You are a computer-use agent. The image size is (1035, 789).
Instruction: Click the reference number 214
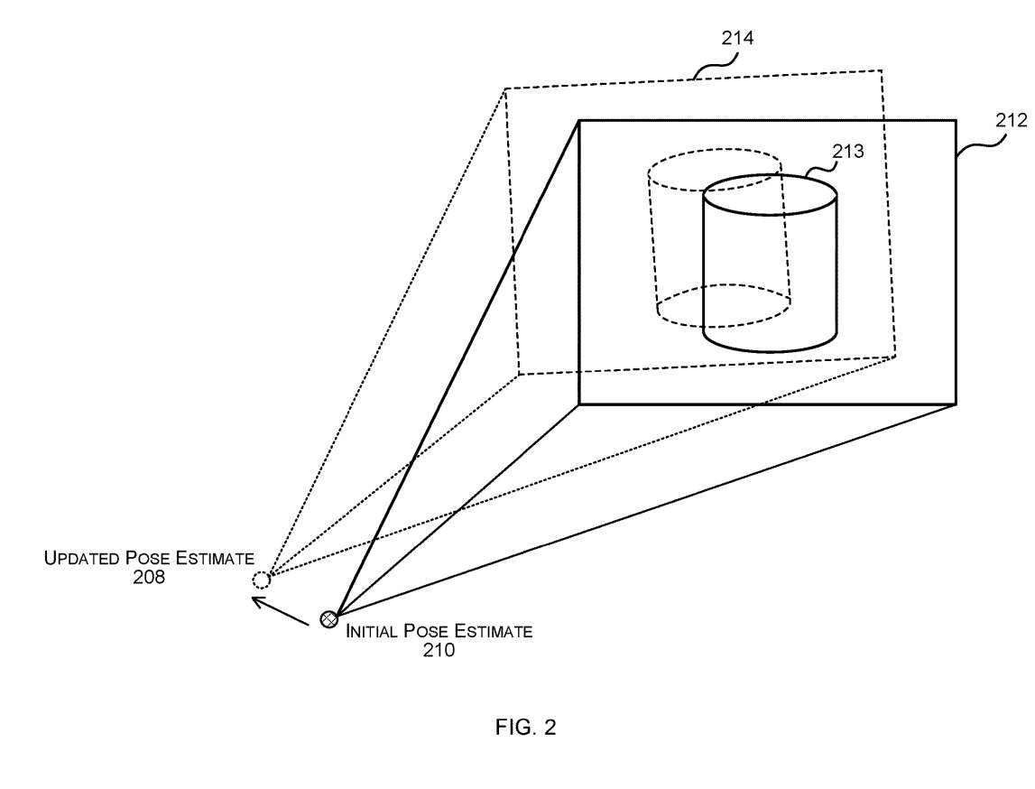click(737, 38)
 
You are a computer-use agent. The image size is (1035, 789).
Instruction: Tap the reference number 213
click(848, 152)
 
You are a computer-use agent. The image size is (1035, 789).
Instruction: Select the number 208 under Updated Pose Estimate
click(149, 577)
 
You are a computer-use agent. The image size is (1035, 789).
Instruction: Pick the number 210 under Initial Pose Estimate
click(439, 649)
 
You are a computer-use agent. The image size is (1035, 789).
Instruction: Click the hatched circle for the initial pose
click(329, 619)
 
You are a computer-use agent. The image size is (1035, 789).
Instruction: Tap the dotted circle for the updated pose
click(261, 580)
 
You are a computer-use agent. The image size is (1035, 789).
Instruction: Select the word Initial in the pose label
click(372, 631)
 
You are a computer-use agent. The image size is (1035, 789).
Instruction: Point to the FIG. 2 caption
click(526, 728)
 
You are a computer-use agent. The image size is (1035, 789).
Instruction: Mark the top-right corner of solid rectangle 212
click(955, 120)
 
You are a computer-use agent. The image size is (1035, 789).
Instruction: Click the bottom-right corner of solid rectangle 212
click(955, 404)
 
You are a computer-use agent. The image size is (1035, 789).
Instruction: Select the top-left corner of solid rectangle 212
click(578, 120)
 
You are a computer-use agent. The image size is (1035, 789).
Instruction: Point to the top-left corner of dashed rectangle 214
click(505, 88)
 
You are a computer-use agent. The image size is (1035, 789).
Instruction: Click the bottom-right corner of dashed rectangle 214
click(895, 357)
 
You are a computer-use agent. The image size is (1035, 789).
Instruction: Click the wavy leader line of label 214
click(713, 65)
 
